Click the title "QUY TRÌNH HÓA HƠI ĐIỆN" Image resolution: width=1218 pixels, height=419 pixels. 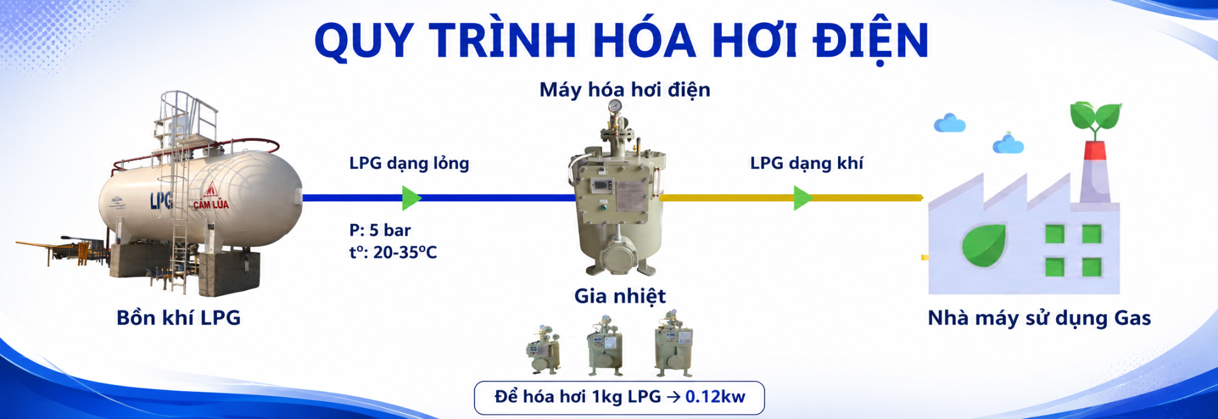[622, 42]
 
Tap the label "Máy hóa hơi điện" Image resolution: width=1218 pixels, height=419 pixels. [625, 90]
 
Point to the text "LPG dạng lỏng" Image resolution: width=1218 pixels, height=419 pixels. [409, 164]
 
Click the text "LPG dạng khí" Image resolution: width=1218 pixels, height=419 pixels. [806, 164]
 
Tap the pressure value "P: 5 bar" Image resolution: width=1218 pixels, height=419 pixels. [380, 230]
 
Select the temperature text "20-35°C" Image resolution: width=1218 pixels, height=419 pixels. [405, 253]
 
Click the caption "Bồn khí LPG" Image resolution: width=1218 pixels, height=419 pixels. [178, 317]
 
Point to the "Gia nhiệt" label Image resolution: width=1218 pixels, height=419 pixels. [620, 296]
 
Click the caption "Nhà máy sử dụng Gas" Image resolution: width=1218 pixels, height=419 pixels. [1039, 318]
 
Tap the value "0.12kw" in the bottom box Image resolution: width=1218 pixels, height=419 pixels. [715, 397]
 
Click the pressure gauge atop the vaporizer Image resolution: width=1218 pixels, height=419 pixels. [615, 106]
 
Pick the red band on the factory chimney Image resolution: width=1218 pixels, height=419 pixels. [1095, 150]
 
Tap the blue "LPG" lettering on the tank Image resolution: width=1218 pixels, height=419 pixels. [161, 201]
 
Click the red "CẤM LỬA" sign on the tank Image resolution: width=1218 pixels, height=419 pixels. [211, 196]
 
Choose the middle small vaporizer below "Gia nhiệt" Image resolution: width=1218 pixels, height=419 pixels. [605, 346]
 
